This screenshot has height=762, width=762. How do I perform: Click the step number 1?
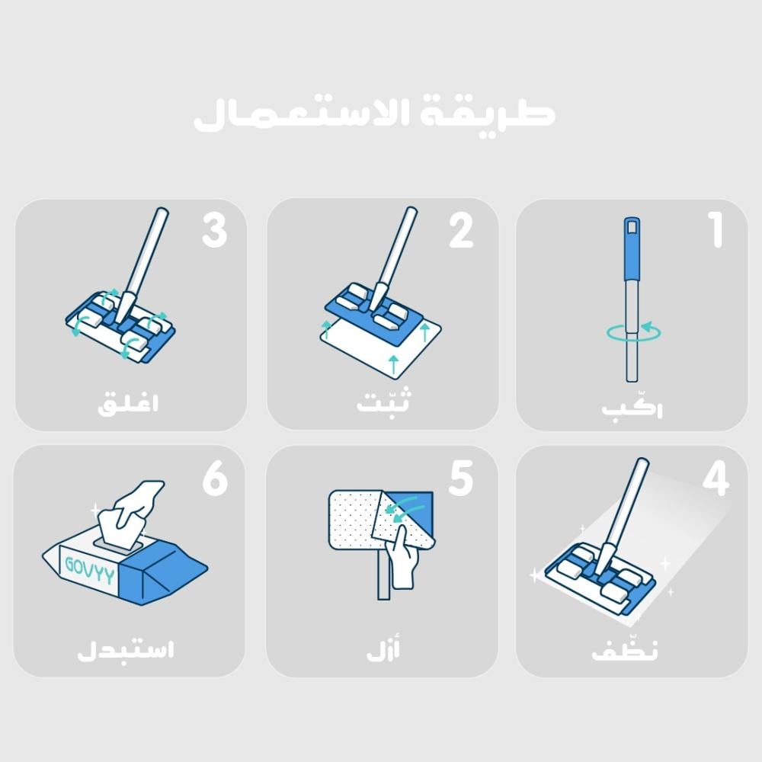(x=716, y=230)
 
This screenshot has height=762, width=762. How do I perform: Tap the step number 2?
(x=461, y=230)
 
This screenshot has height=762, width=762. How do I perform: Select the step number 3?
(x=214, y=230)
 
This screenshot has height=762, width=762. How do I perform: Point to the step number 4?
(x=716, y=479)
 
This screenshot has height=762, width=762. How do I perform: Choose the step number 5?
(x=461, y=479)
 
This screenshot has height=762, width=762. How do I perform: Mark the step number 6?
(x=215, y=479)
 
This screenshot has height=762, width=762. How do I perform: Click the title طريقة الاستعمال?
(x=374, y=115)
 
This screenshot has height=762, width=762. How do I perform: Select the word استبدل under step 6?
(x=126, y=650)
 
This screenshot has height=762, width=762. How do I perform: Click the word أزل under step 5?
(x=383, y=649)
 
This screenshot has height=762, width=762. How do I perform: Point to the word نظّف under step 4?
(x=625, y=649)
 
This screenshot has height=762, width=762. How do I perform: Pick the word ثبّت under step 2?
(x=383, y=402)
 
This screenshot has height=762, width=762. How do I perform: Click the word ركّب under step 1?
(x=632, y=407)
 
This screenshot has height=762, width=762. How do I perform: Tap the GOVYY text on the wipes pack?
(x=90, y=569)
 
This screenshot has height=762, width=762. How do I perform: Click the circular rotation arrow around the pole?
(x=634, y=332)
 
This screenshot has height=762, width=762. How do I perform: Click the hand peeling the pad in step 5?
(x=401, y=558)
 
